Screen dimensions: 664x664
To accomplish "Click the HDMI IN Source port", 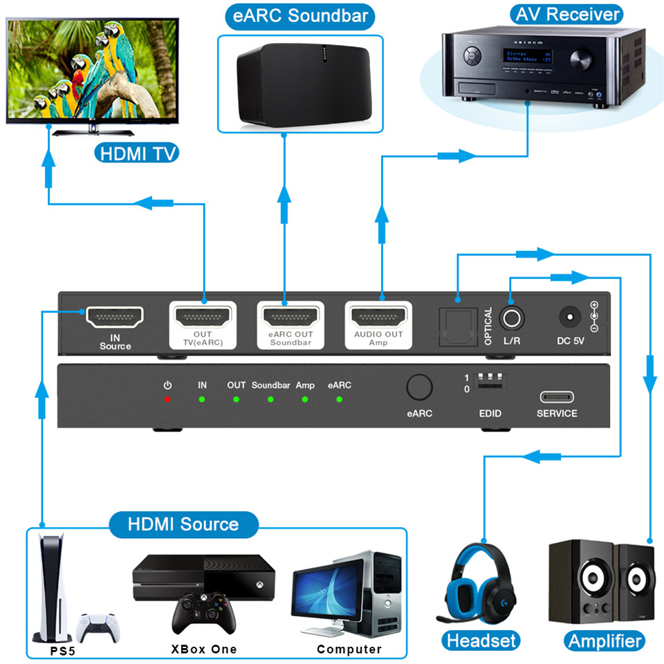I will click(115, 317).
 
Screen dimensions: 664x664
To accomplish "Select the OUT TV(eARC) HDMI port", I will click(203, 317).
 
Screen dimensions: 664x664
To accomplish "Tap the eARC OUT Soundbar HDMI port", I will click(290, 317).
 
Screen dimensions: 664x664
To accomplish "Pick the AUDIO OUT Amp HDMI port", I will click(379, 317).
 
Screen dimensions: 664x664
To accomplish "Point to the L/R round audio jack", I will click(512, 318).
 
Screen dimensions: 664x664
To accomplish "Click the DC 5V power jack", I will click(569, 318).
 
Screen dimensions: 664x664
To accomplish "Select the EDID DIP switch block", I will click(490, 382).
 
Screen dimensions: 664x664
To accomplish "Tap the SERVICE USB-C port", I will click(557, 397).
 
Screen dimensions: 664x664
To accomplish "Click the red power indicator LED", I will click(167, 399).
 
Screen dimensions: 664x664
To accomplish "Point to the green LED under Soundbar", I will click(270, 399).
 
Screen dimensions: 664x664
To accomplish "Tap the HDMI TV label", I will click(136, 152).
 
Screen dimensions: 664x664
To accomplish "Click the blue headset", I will click(479, 581).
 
